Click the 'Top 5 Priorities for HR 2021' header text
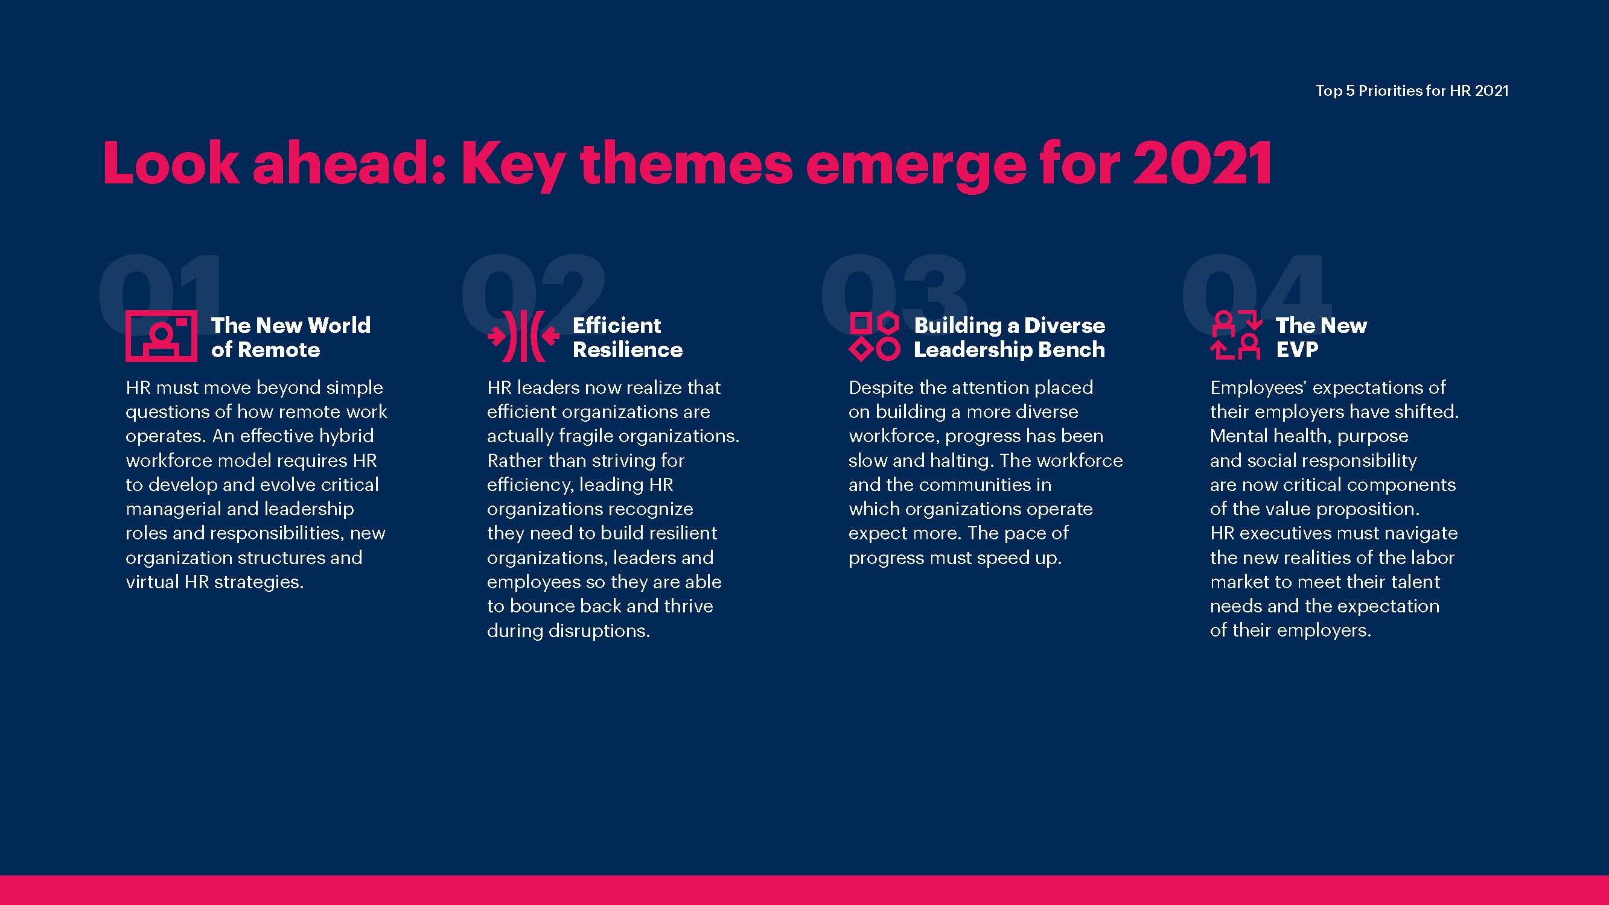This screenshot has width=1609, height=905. coord(1412,91)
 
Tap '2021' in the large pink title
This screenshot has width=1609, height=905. coord(1202,163)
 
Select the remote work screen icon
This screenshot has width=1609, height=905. coord(161,336)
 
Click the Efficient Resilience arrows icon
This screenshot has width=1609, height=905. coord(523,336)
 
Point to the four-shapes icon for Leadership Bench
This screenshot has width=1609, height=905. coord(875,337)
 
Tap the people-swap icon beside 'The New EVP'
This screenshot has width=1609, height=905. coord(1237,335)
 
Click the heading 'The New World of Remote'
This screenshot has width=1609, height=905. coord(290,337)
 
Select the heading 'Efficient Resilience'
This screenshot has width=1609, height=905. coord(628,337)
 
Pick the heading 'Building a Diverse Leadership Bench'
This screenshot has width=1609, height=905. coord(1009,337)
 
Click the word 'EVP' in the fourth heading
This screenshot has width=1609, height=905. coord(1297,350)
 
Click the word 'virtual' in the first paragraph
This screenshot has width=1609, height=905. coord(153,582)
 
